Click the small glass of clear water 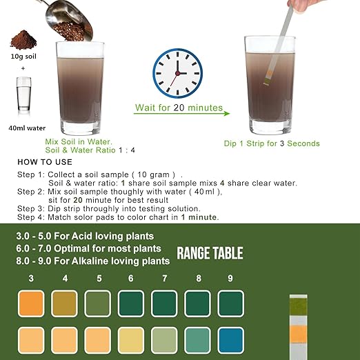point(23,94)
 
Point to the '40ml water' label point(24,126)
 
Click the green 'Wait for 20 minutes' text point(178,108)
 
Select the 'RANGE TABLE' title point(210,253)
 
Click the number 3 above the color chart point(30,278)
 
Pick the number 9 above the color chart point(230,278)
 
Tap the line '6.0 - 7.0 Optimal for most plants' point(88,248)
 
